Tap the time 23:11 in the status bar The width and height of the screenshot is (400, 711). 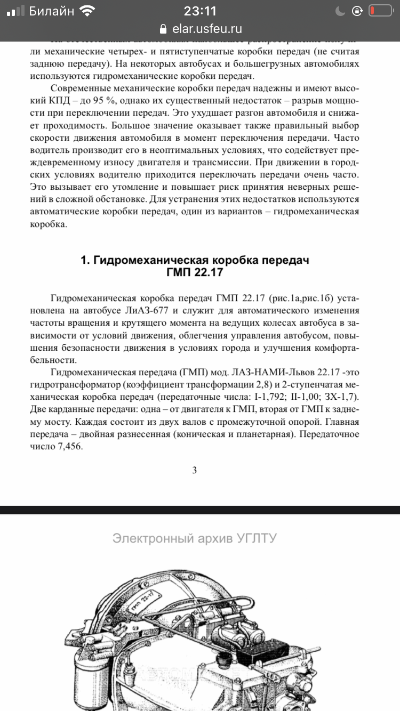point(199,11)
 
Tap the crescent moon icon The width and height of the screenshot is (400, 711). point(341,11)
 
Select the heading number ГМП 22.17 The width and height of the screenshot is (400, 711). point(194,273)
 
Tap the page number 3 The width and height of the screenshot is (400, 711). point(194,470)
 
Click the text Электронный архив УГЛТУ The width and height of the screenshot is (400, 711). point(194,538)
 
